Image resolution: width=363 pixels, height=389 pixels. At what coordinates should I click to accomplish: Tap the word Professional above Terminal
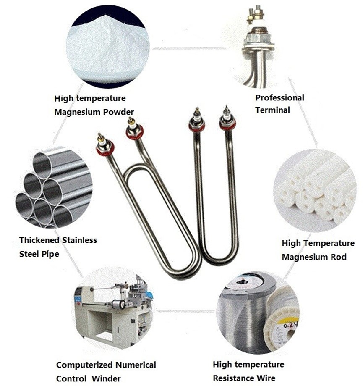coord(280,98)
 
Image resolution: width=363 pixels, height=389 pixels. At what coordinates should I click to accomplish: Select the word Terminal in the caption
coord(273,110)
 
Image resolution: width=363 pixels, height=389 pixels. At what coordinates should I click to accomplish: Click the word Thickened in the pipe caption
coord(40,241)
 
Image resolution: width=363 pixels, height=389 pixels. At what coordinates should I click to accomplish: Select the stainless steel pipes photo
coord(54,187)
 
